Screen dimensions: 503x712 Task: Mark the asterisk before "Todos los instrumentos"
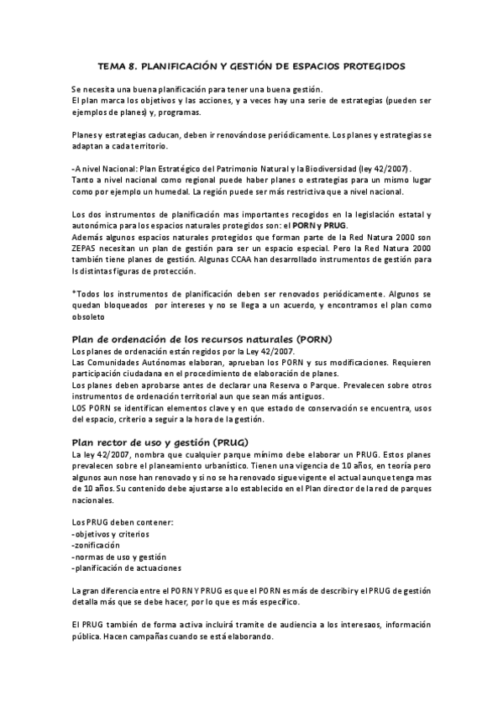(x=74, y=293)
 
